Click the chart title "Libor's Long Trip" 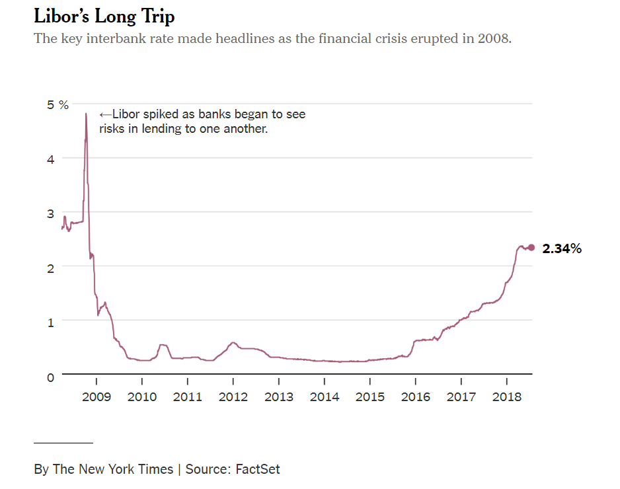tap(104, 15)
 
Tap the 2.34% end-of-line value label tap(562, 249)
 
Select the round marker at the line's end tap(531, 247)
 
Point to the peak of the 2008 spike tap(86, 114)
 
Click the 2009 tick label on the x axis tap(97, 396)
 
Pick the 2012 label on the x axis tap(233, 396)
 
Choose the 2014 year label tap(324, 396)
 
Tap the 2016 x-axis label tap(415, 396)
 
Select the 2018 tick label tap(506, 396)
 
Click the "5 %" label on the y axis tap(58, 105)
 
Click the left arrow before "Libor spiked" tap(104, 114)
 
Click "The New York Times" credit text tap(113, 469)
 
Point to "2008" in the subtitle tap(494, 38)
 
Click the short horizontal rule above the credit tap(63, 442)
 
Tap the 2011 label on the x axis tap(187, 396)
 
